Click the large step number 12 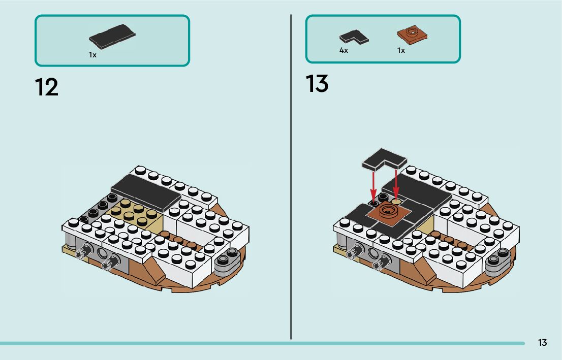47,87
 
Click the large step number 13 317,84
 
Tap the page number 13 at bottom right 542,343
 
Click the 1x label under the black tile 92,55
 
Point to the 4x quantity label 344,51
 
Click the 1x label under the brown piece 401,51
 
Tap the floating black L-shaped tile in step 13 384,159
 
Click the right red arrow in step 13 396,183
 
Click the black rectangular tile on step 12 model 145,191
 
